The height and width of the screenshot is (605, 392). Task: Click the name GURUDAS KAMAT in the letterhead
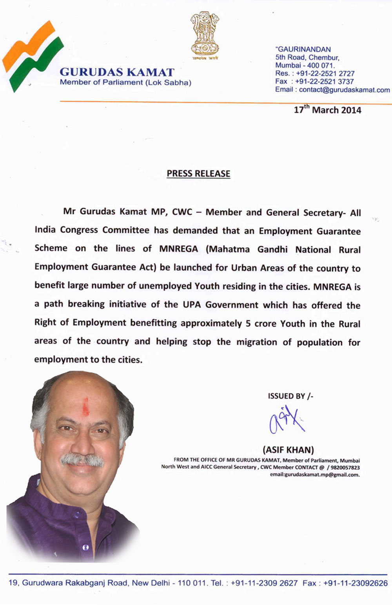117,72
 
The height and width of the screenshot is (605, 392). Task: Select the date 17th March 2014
327,110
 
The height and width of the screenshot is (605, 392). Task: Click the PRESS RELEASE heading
198,174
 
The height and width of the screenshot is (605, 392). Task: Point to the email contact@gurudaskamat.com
344,90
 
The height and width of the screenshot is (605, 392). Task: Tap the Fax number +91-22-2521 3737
325,81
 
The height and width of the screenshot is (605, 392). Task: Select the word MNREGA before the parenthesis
178,249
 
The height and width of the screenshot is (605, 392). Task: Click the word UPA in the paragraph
191,305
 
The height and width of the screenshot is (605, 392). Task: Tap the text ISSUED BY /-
290,396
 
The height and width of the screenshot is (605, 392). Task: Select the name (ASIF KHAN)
288,450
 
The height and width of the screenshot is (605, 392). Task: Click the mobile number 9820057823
345,467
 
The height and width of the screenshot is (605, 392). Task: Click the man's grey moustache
82,460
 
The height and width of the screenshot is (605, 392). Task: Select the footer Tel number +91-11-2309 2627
264,583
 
